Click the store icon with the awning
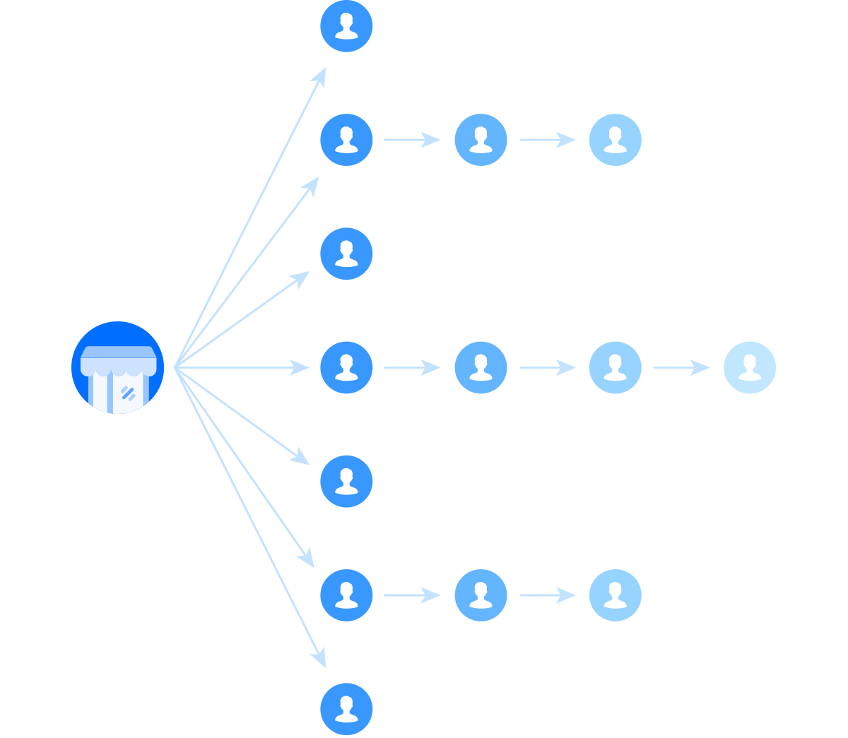click(x=117, y=367)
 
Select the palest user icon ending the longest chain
click(x=749, y=367)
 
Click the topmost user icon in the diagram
click(x=346, y=26)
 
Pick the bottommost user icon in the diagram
click(x=346, y=708)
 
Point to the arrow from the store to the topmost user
click(x=251, y=215)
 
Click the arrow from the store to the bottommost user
click(x=251, y=519)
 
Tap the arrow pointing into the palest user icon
click(x=681, y=367)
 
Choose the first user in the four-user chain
click(x=346, y=367)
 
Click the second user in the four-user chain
click(x=481, y=367)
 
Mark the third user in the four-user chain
click(x=615, y=367)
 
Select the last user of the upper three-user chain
click(x=615, y=140)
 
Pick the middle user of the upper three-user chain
click(x=481, y=140)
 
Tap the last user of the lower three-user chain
click(x=615, y=595)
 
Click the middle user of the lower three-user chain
click(x=481, y=595)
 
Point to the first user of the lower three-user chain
click(x=346, y=595)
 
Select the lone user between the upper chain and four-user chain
click(x=346, y=254)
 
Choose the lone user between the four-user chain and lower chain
click(x=346, y=481)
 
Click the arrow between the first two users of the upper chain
click(x=412, y=140)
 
